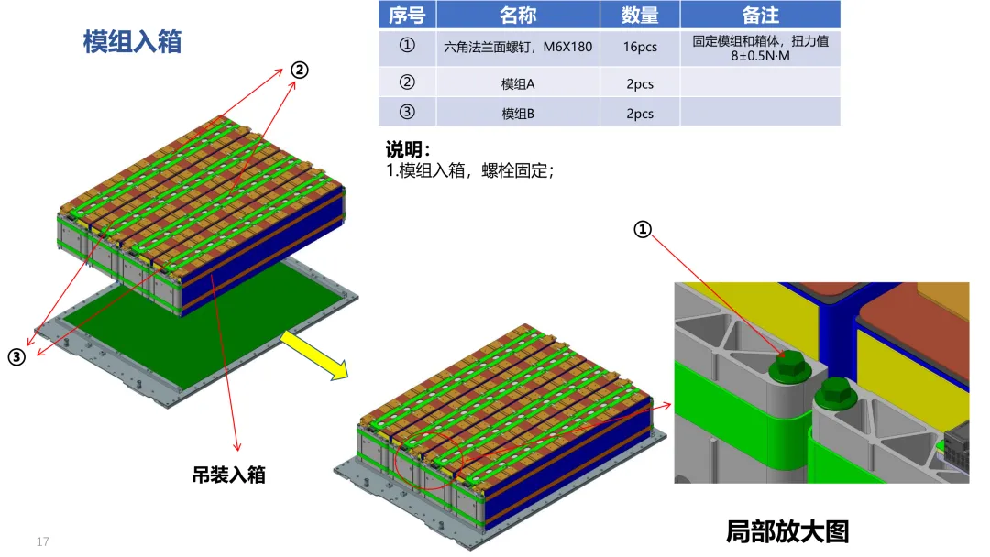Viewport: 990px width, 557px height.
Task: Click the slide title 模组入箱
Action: pos(132,41)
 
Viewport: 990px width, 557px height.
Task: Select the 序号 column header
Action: pos(406,15)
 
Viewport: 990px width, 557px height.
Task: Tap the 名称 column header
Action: pos(518,15)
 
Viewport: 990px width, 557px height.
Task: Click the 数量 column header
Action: pos(640,15)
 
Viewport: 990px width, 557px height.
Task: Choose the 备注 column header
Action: pos(760,15)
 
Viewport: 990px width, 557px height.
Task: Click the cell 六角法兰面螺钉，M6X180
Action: pos(518,47)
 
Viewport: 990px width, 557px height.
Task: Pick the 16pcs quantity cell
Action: pos(640,47)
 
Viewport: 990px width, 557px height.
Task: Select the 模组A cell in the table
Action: pos(518,84)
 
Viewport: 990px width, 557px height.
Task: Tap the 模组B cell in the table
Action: pos(518,114)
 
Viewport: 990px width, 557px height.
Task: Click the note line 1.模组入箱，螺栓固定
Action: pos(471,170)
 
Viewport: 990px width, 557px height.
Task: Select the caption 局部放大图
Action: pos(787,531)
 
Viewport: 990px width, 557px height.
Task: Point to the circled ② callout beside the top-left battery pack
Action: pos(300,70)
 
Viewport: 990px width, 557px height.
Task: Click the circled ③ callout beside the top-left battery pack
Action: pos(16,357)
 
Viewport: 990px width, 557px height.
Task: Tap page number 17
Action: pos(42,541)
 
